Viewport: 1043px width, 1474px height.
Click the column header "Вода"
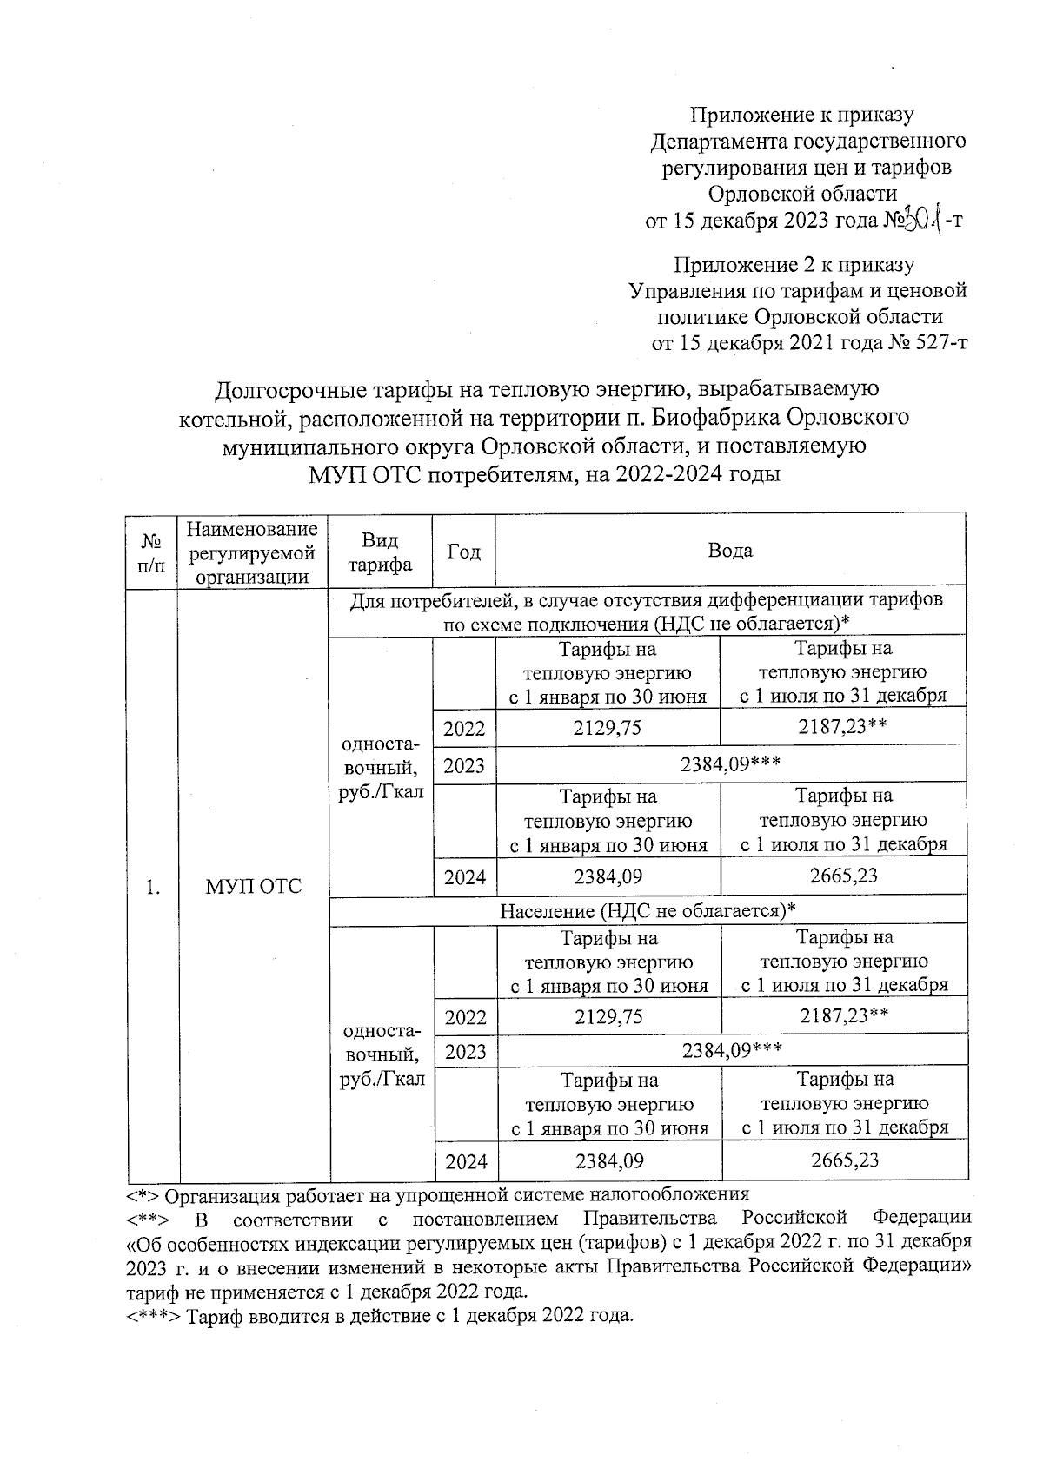point(730,551)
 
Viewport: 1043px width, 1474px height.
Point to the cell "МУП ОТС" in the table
point(253,886)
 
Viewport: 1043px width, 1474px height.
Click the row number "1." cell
point(152,886)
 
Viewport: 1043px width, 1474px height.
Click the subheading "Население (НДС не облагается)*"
point(648,910)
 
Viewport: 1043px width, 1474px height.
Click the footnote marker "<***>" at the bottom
point(154,1316)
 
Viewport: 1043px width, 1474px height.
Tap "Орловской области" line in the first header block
point(802,193)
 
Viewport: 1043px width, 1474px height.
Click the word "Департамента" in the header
point(719,141)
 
